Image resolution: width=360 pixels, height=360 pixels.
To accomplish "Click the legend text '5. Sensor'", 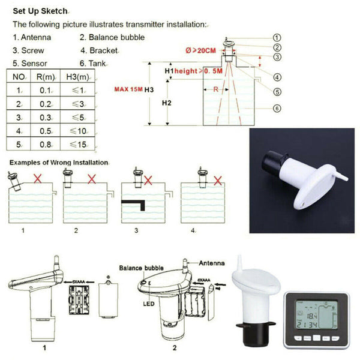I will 31,62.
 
